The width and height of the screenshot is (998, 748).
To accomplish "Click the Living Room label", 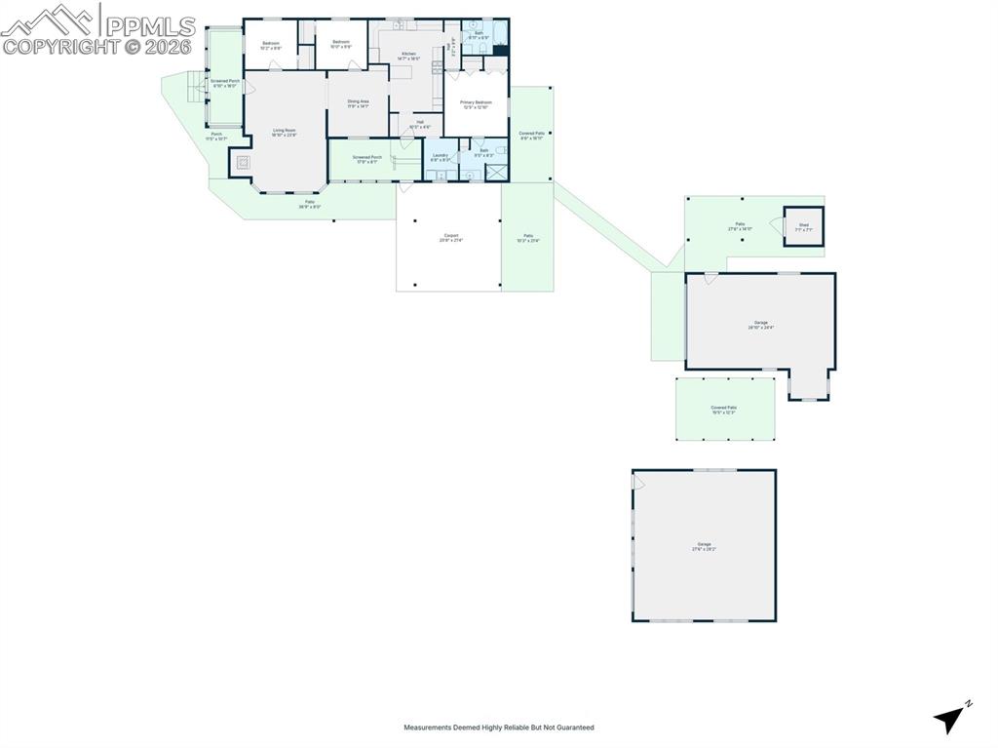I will point(284,131).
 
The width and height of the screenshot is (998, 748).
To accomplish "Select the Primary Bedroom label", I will point(476,101).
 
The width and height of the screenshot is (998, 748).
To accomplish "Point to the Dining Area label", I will point(358,101).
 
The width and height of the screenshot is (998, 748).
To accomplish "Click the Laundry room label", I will point(440,155).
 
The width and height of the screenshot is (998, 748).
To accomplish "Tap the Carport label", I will point(450,236).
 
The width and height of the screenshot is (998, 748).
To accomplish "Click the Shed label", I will point(804,225).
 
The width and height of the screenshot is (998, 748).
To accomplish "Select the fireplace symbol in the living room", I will point(244,163).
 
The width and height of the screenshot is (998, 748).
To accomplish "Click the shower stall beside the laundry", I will point(497,173).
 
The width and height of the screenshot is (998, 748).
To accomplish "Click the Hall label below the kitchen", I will point(420,123).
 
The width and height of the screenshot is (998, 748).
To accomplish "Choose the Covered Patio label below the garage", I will point(723,409).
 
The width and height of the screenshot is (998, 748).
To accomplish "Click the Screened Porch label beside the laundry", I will point(366,158).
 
